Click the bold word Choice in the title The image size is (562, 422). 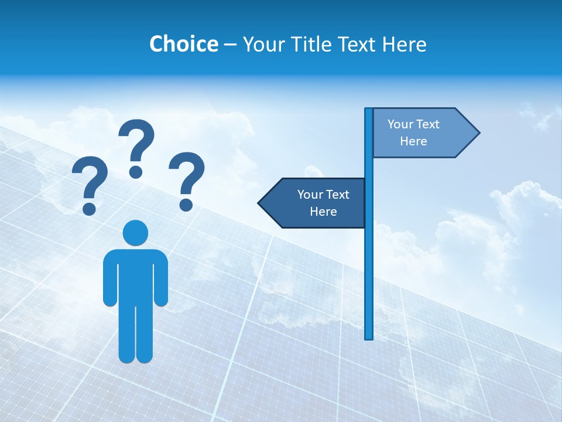pos(183,44)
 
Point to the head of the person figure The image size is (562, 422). pos(135,233)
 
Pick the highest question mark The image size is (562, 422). pos(136,144)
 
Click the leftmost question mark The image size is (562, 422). pos(89,182)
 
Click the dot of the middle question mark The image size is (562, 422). pos(136,172)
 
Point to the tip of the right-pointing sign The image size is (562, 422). pos(478,132)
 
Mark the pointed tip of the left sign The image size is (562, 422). pos(259,203)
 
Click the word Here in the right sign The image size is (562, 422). pos(413,141)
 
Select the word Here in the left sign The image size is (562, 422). pos(323,212)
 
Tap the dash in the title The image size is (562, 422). pos(230,45)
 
